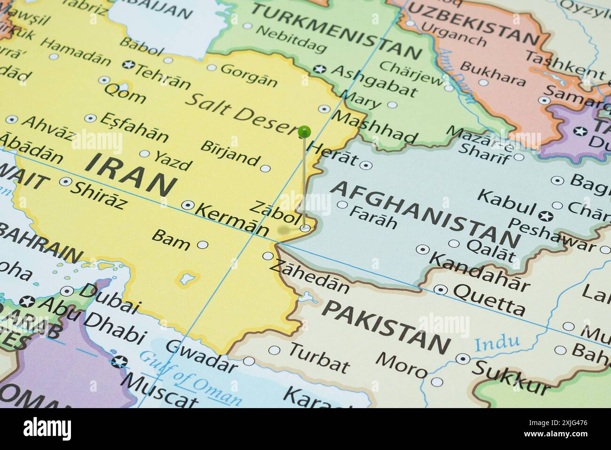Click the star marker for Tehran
tap(126, 64)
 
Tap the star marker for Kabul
tap(546, 217)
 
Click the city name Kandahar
tap(479, 271)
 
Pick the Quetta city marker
tap(440, 289)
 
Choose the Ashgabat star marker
tap(320, 69)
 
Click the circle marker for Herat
tap(365, 165)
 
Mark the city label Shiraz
tap(99, 194)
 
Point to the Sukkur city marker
tap(463, 359)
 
